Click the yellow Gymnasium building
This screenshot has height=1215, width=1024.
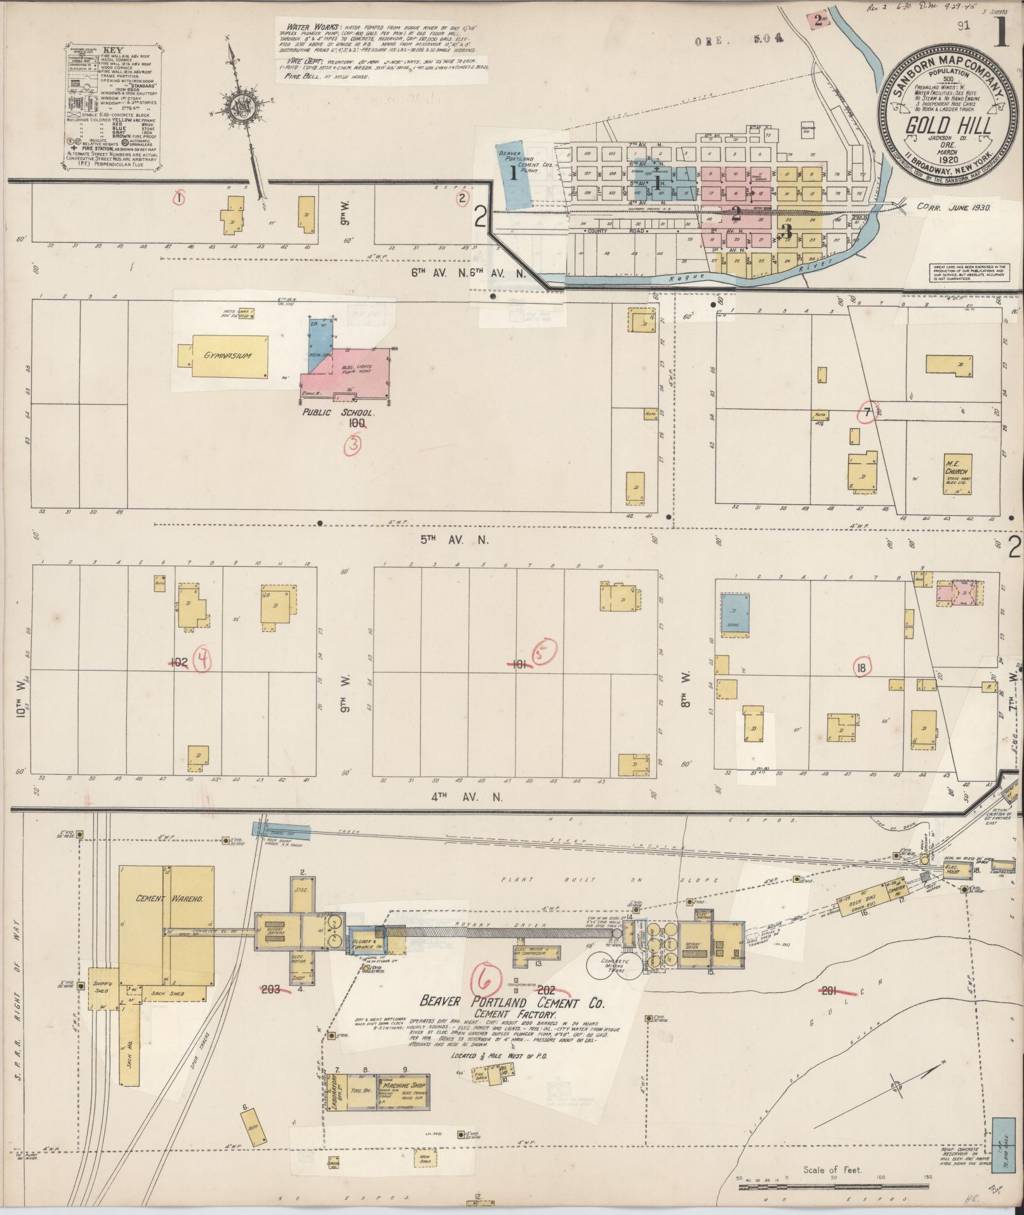(x=228, y=356)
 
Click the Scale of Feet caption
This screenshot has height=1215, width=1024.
(x=832, y=1169)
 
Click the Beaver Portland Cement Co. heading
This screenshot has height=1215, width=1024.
(x=512, y=1002)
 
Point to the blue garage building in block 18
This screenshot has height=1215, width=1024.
(x=735, y=613)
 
